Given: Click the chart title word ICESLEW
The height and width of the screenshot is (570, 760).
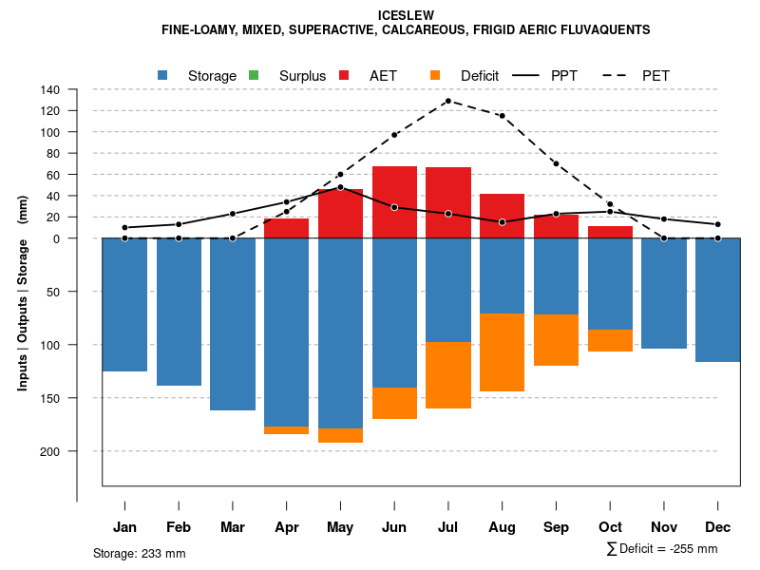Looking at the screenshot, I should pyautogui.click(x=406, y=15).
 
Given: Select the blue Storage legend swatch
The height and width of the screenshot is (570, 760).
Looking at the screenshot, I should pyautogui.click(x=163, y=75).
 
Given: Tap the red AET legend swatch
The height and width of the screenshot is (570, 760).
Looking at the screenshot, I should pyautogui.click(x=344, y=75).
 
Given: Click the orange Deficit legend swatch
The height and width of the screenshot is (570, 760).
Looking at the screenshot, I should pyautogui.click(x=435, y=75).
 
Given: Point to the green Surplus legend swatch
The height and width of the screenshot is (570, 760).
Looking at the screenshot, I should pyautogui.click(x=254, y=75).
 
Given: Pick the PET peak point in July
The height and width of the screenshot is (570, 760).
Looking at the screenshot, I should pyautogui.click(x=447, y=101).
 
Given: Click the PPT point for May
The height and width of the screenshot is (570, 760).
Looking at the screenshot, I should pyautogui.click(x=340, y=187).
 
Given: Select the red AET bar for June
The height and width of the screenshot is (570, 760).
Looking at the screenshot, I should pyautogui.click(x=394, y=201).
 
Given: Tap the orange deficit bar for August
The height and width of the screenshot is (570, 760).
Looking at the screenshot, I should pyautogui.click(x=502, y=351).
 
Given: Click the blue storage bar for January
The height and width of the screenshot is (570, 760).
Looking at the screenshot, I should pyautogui.click(x=124, y=304).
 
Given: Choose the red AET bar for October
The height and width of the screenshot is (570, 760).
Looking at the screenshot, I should pyautogui.click(x=610, y=233).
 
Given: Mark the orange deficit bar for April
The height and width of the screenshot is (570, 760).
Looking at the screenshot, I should pyautogui.click(x=286, y=430).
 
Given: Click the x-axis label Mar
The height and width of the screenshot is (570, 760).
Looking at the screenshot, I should pyautogui.click(x=233, y=527).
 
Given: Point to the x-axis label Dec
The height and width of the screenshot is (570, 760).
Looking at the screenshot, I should pyautogui.click(x=718, y=527).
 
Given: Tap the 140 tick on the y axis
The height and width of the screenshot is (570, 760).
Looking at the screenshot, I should pyautogui.click(x=50, y=90).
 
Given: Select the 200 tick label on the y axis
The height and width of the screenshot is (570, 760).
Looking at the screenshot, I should pyautogui.click(x=50, y=451).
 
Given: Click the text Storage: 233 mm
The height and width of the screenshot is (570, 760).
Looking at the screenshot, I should pyautogui.click(x=140, y=553).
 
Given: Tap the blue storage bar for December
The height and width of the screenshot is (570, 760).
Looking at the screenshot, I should pyautogui.click(x=718, y=299).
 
